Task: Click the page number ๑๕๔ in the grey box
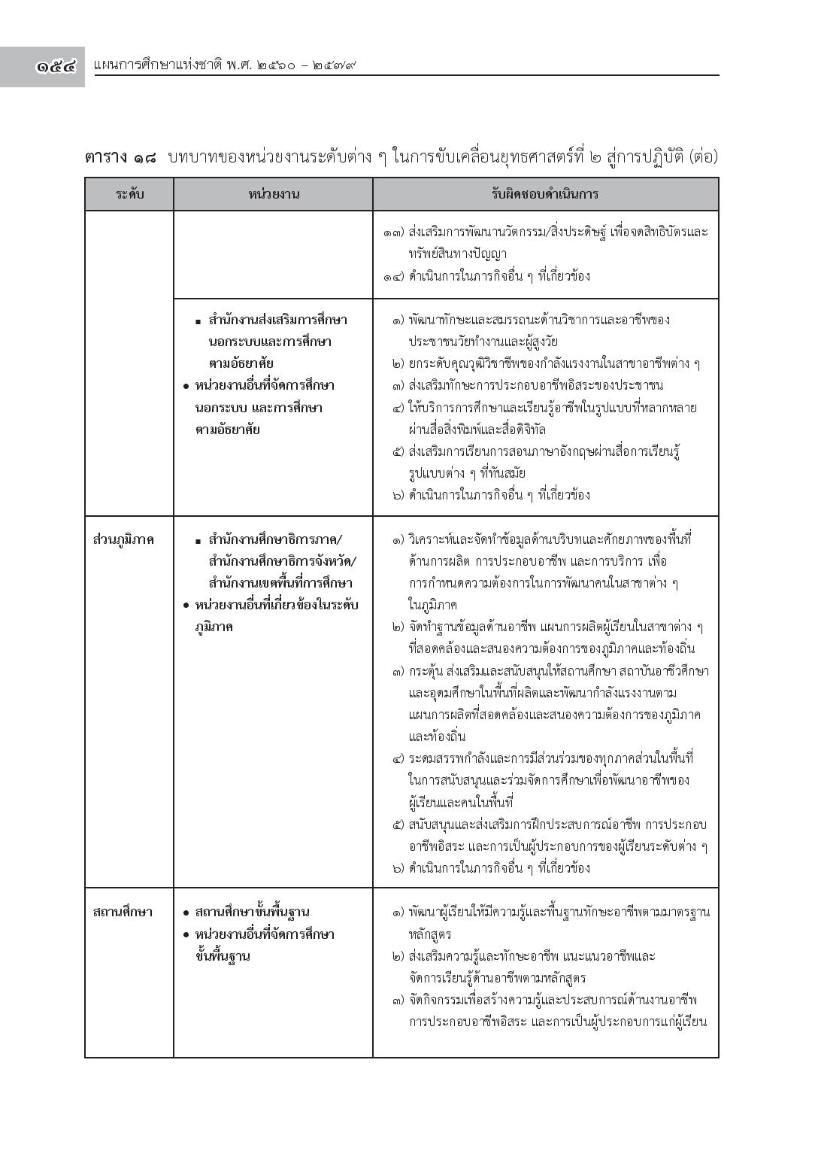tap(56, 65)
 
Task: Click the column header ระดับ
tap(129, 194)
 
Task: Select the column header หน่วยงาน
tap(274, 194)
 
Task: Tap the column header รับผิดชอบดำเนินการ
tap(545, 194)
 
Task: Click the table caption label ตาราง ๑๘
tap(120, 157)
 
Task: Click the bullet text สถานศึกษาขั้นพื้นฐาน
tap(252, 912)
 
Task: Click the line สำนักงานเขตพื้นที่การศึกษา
tap(280, 583)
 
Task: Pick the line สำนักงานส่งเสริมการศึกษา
tap(277, 320)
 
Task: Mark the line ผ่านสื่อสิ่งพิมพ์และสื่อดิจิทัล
tap(477, 430)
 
